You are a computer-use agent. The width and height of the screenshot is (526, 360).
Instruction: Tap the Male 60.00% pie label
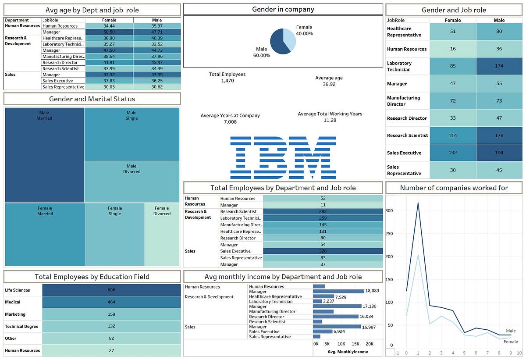[262, 52]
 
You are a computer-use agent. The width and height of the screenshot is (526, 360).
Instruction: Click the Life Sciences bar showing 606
[111, 290]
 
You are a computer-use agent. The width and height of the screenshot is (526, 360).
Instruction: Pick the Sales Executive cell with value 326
[323, 251]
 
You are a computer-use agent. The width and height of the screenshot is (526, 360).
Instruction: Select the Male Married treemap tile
[44, 155]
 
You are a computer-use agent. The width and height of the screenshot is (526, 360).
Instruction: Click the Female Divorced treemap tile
[162, 235]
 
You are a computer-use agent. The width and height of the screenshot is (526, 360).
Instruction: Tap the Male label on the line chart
[511, 331]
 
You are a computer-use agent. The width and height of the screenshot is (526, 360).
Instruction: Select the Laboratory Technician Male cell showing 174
[499, 66]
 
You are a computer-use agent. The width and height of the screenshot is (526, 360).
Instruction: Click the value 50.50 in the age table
[109, 32]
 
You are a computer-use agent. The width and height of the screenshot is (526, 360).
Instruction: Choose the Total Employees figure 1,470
[228, 81]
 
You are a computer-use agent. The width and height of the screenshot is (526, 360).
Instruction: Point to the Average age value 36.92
[329, 84]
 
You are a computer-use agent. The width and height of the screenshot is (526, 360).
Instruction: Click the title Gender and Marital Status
[92, 99]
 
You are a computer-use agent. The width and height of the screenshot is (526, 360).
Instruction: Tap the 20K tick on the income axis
[370, 344]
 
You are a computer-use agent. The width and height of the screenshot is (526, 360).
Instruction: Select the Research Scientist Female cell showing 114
[453, 135]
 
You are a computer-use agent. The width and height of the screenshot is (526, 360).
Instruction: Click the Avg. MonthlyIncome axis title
[348, 352]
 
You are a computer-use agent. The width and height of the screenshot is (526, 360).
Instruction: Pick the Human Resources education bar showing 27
[111, 350]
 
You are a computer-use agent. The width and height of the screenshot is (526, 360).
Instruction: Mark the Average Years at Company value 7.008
[230, 122]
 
